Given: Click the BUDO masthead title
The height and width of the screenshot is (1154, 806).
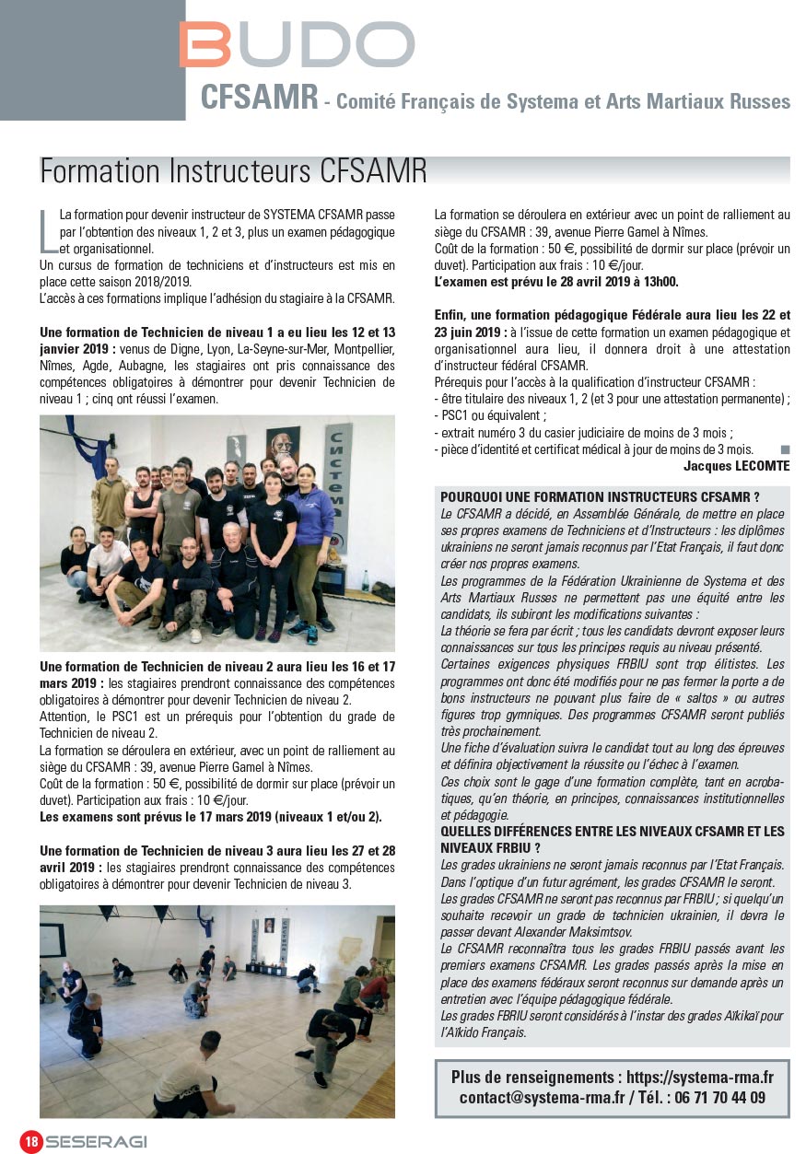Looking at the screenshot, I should click(297, 44).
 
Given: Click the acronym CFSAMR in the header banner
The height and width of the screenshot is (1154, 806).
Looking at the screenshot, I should click(259, 98).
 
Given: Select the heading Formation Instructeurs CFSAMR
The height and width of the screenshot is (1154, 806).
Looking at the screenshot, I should click(234, 171).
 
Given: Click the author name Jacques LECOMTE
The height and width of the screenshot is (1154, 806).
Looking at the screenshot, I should click(736, 466).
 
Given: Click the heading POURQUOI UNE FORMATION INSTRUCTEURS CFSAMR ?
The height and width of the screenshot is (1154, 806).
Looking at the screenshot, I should click(600, 496).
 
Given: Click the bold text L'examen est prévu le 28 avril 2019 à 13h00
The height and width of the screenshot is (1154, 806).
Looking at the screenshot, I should click(556, 282).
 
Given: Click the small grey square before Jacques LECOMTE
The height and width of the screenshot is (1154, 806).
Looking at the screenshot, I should click(785, 449).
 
